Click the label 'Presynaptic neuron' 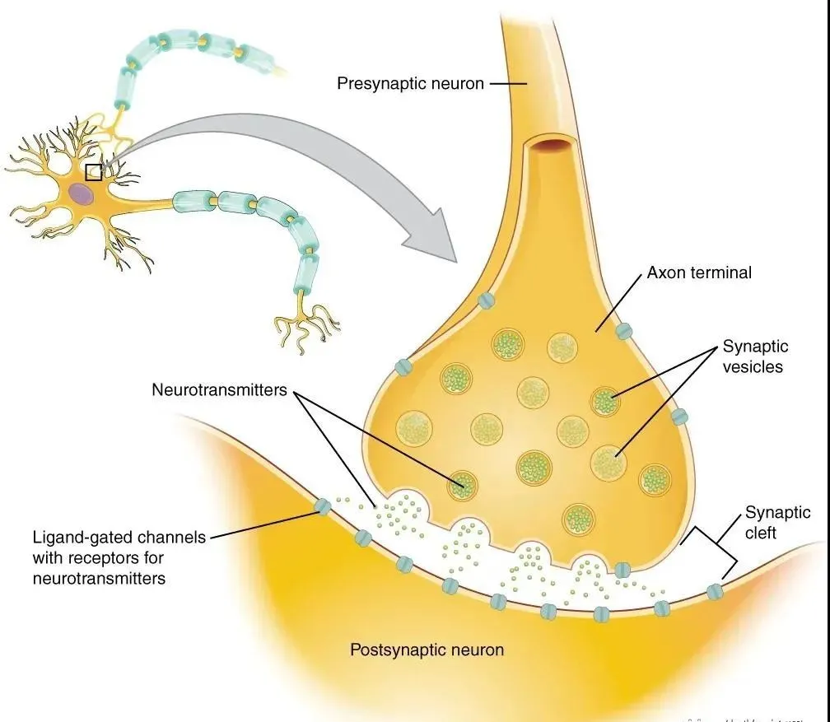coord(410,83)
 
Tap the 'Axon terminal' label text coord(699,272)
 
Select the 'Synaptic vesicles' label coord(755,356)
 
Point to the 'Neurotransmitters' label coord(219,389)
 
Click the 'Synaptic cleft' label coord(778,523)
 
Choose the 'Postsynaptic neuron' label coord(427,650)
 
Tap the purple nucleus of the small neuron coord(81,193)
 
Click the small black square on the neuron coord(93,171)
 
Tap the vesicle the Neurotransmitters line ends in coord(462,486)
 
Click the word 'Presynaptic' coord(382,83)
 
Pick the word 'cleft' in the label coord(762,533)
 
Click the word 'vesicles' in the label coord(753,367)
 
